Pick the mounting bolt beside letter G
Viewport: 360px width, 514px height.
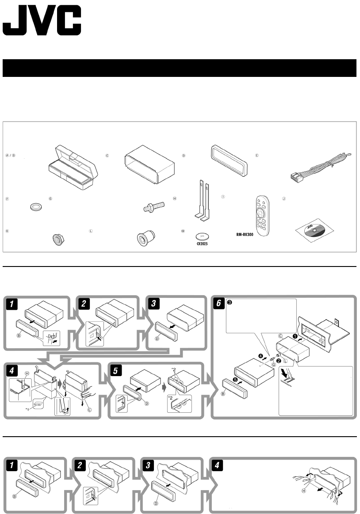click(x=155, y=206)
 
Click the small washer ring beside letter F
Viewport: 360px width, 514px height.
click(x=34, y=206)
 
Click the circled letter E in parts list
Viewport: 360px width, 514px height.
click(x=257, y=156)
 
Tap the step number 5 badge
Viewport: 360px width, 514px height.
click(x=115, y=371)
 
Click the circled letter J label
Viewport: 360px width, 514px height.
click(x=284, y=199)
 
